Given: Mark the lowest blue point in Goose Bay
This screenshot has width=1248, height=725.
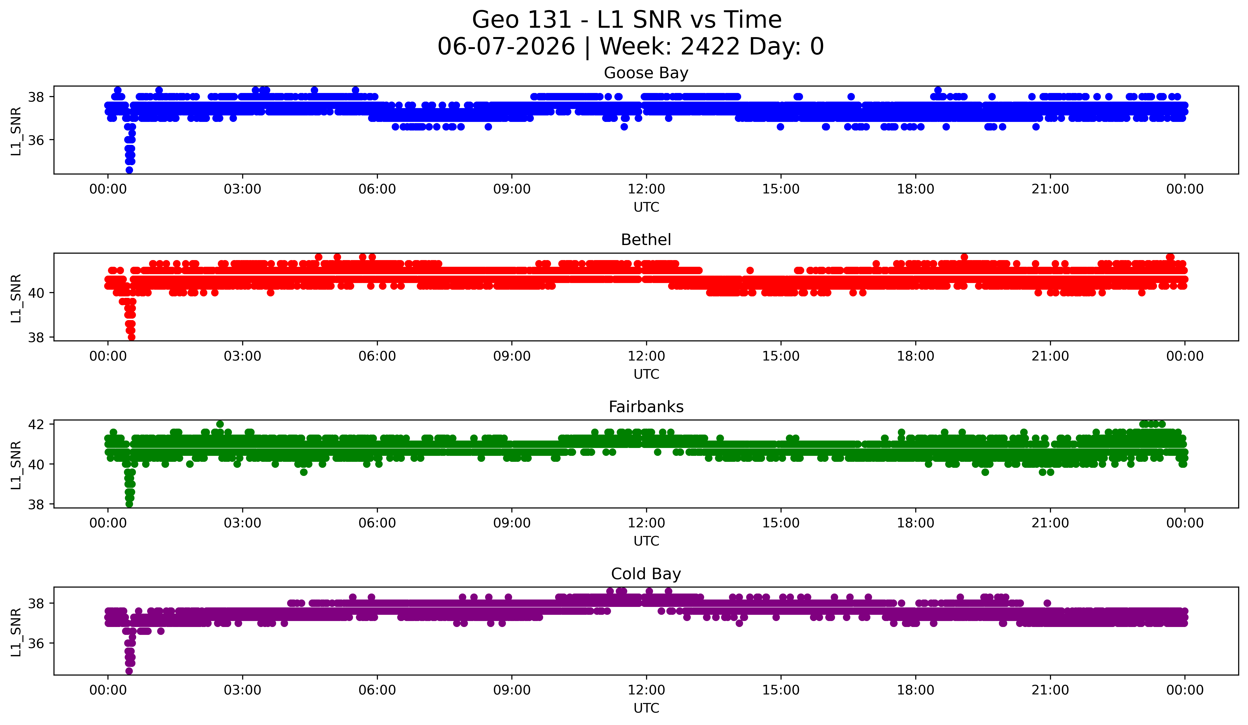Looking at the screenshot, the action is (x=129, y=170).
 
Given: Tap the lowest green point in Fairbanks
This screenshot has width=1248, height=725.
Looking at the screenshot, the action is (x=129, y=504).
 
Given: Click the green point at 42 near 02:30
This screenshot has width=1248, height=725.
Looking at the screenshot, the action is (x=220, y=424).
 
